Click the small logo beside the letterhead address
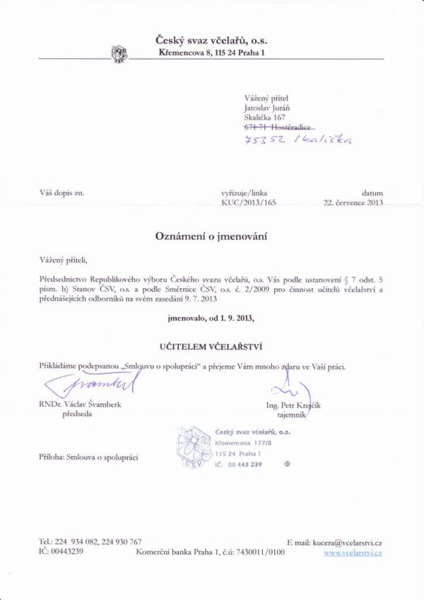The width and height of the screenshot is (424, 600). [119, 52]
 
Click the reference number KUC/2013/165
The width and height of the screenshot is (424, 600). [245, 202]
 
